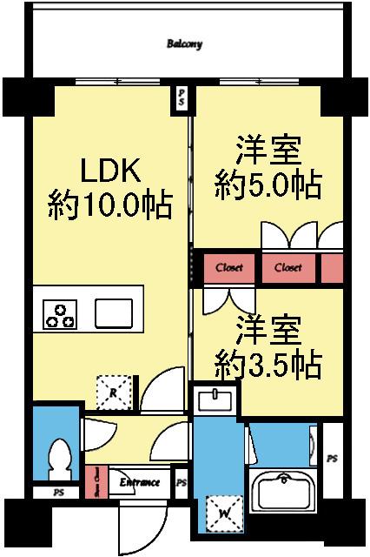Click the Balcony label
(x=184, y=43)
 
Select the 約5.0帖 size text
(x=268, y=184)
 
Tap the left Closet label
(x=230, y=268)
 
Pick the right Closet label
(x=288, y=268)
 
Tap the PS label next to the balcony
(x=181, y=97)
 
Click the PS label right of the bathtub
(x=333, y=458)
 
